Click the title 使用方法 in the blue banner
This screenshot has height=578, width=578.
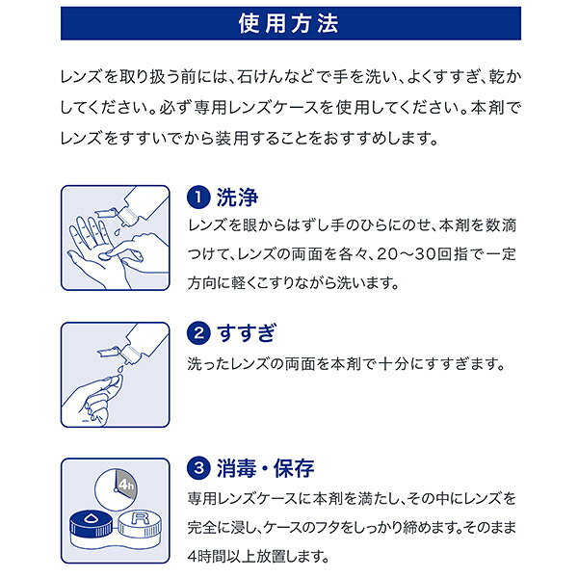pos(288,23)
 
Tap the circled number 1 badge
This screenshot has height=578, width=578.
pos(198,197)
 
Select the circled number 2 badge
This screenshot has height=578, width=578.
pos(198,333)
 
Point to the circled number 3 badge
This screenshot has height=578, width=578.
pos(198,468)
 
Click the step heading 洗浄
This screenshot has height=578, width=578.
pos(237,197)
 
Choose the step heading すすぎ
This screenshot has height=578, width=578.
pos(247,333)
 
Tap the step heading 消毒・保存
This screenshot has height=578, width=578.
pos(266,468)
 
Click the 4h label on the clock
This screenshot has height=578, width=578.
pos(126,484)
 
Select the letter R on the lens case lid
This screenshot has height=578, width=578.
pos(141,518)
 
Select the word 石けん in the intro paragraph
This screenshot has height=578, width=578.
pos(260,77)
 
